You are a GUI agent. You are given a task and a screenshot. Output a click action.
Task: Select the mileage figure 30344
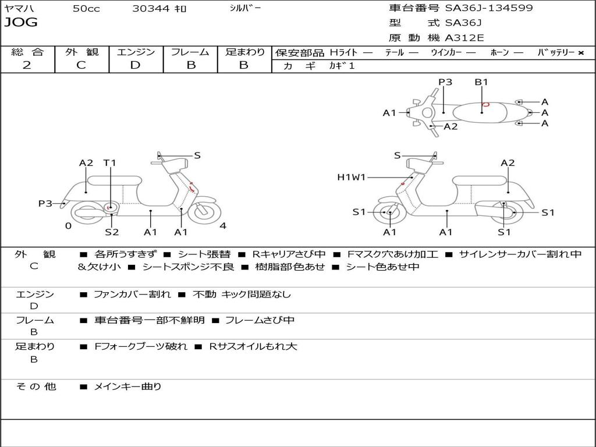click(x=151, y=9)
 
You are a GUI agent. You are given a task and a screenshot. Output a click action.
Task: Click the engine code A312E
click(x=464, y=38)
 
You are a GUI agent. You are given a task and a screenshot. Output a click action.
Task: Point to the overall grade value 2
click(x=27, y=65)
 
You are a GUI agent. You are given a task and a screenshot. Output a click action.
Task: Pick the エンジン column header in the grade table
click(x=136, y=52)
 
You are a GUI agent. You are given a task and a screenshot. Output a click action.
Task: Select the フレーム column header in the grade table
click(x=190, y=52)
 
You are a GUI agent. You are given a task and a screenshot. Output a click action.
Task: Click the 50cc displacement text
click(x=86, y=9)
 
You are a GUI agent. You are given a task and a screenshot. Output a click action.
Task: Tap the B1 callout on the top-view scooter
click(x=481, y=82)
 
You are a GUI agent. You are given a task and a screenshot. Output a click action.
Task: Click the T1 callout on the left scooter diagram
click(x=110, y=163)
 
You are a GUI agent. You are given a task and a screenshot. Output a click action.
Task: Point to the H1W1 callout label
click(x=351, y=178)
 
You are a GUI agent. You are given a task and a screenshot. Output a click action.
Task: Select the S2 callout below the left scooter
click(x=112, y=232)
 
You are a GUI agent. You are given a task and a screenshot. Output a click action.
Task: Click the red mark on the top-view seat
click(x=486, y=105)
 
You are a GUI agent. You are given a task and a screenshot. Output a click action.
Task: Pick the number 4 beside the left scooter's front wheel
click(x=223, y=226)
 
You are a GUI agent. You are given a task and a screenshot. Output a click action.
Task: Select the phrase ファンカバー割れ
click(x=132, y=295)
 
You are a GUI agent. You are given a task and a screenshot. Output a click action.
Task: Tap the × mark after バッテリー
click(x=581, y=53)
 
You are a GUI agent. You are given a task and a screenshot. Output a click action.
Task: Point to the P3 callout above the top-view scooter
click(x=445, y=82)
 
